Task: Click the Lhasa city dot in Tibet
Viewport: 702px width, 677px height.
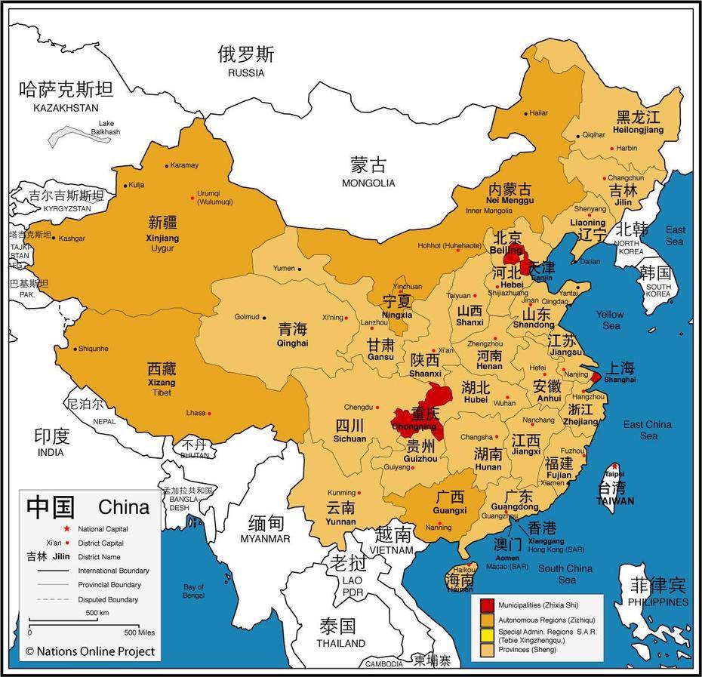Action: pyautogui.click(x=209, y=413)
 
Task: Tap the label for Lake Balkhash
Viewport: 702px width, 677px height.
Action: pyautogui.click(x=106, y=128)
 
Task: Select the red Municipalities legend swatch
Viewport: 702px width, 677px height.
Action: pyautogui.click(x=488, y=605)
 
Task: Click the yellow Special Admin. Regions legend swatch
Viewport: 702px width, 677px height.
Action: pyautogui.click(x=488, y=634)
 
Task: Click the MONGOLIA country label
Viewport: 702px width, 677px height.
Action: pyautogui.click(x=368, y=183)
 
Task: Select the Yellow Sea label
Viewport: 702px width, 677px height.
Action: pyautogui.click(x=609, y=319)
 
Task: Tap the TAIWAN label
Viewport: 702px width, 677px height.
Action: pyautogui.click(x=614, y=500)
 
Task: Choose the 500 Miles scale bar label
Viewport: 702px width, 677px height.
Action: pyautogui.click(x=140, y=632)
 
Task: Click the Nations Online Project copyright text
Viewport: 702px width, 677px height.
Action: pyautogui.click(x=90, y=651)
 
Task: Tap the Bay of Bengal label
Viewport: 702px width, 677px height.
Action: pyautogui.click(x=193, y=591)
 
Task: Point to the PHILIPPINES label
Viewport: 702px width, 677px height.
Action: pyautogui.click(x=659, y=602)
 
